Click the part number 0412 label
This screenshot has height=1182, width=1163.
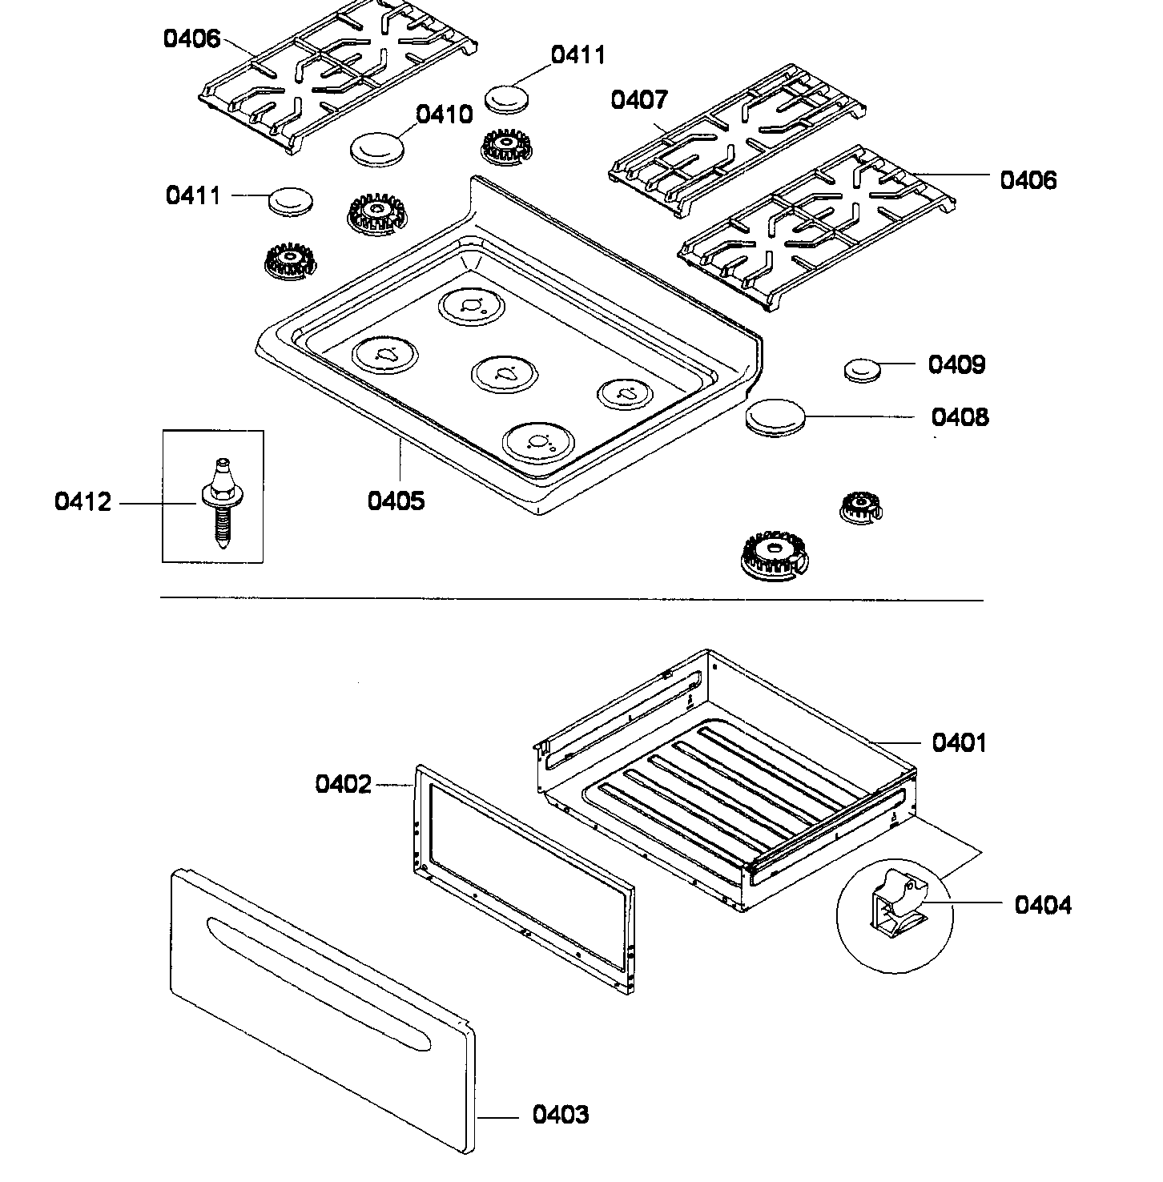[82, 502]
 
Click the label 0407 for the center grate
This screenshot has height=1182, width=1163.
[638, 100]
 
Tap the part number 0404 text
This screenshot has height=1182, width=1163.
[1042, 905]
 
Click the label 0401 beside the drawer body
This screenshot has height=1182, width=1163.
[959, 742]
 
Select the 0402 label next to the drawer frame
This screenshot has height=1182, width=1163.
[343, 784]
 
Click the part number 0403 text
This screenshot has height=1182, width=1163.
[560, 1114]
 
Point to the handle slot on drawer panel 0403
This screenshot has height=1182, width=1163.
[318, 983]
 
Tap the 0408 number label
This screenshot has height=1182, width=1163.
[959, 416]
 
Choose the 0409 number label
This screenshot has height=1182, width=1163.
[956, 364]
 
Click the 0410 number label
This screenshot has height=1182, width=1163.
[445, 115]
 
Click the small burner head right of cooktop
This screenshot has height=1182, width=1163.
[860, 505]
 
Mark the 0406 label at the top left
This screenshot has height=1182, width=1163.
[191, 38]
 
